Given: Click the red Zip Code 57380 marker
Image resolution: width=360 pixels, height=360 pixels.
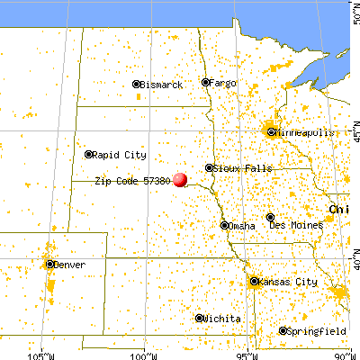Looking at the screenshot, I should pos(180,179).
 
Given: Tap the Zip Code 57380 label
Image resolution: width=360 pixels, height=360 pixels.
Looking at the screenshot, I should pos(132,180).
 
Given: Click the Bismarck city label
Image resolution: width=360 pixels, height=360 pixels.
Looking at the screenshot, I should pos(163,85).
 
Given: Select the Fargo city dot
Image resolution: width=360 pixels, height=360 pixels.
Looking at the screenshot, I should pos(205,83).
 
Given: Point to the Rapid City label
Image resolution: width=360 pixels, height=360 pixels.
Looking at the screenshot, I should pos(120,154).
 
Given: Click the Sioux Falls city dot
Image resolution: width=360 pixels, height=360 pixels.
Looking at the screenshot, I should pos(209,167).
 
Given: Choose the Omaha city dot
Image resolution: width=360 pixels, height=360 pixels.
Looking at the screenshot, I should pos(223,225).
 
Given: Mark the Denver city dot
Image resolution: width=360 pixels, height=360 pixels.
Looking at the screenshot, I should pos(49,264).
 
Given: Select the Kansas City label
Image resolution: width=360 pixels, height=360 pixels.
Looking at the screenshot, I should pos(288,282).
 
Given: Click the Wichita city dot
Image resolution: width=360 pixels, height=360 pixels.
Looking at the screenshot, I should pos(199,319).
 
